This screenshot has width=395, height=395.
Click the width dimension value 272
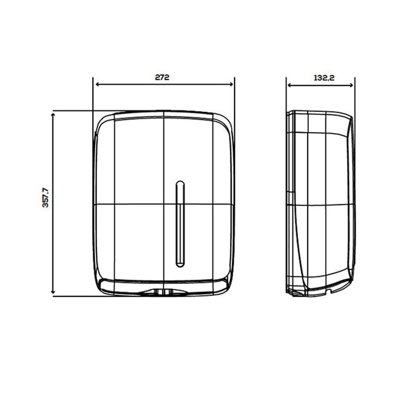[162, 77]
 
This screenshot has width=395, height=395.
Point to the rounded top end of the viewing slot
[180, 182]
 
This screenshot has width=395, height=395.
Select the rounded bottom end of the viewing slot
[180, 266]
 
